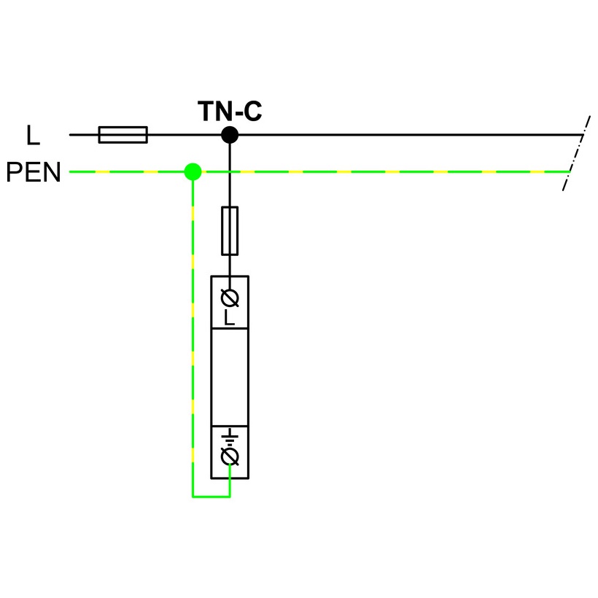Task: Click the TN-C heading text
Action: coord(230,112)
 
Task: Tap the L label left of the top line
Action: coord(32,136)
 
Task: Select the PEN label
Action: coord(34,173)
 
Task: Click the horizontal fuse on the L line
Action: coord(123,135)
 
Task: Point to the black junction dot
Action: coord(230,135)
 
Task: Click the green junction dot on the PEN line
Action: coord(193,172)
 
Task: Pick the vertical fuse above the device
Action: coord(230,230)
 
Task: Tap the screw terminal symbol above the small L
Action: coord(230,298)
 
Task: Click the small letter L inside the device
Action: coord(230,318)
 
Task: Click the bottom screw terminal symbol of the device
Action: coord(230,457)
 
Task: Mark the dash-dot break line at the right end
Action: coord(575,153)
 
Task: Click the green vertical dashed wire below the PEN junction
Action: coord(193,328)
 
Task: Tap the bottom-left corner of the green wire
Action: coord(193,497)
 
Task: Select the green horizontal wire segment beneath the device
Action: coord(211,497)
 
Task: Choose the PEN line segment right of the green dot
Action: coord(379,172)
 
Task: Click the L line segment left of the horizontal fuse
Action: coord(83,135)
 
